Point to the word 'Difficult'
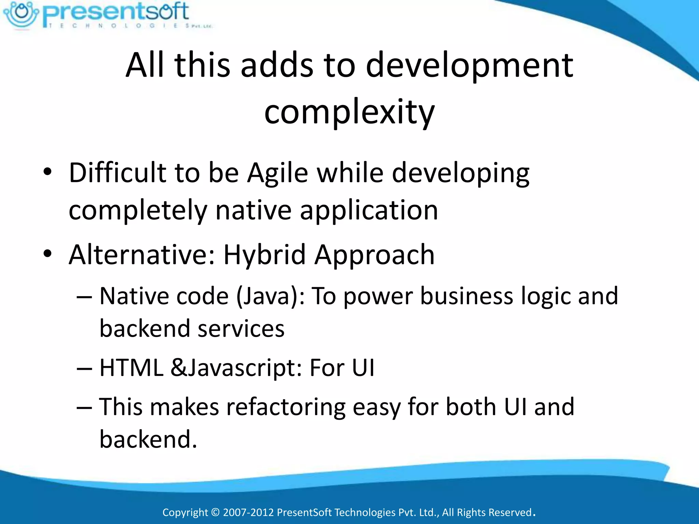point(117,173)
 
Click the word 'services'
point(241,329)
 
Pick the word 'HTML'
point(131,368)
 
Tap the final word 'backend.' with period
point(148,439)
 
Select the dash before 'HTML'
point(84,369)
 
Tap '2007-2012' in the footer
point(248,512)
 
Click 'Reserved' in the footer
point(510,512)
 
